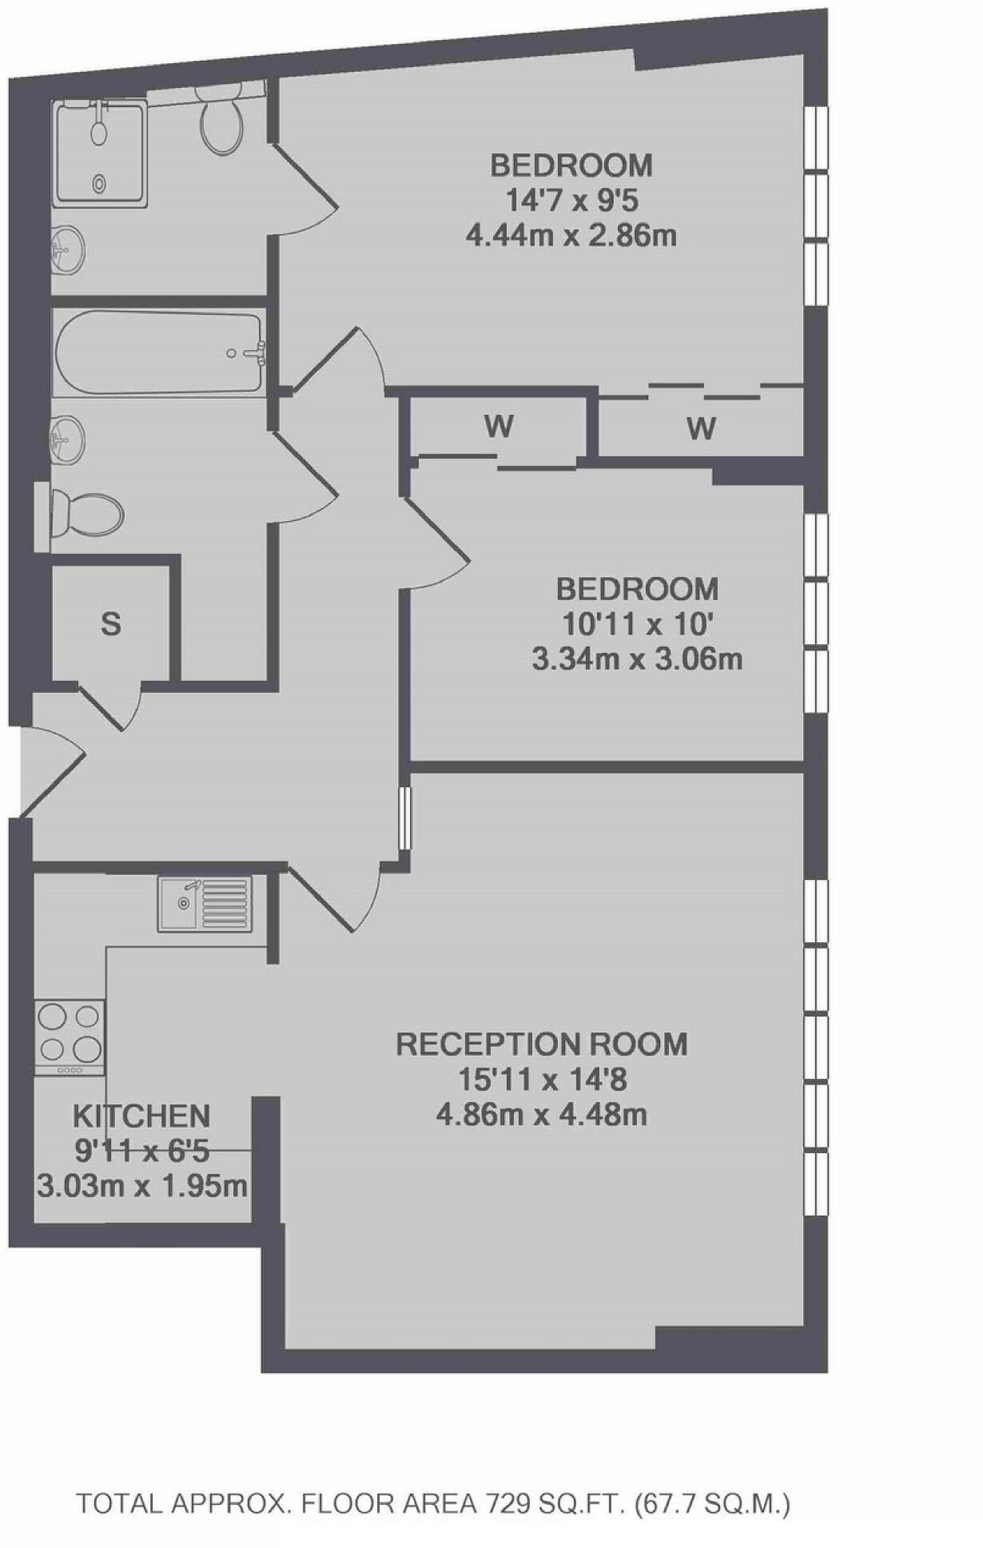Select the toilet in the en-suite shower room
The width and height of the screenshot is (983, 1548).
coord(221,124)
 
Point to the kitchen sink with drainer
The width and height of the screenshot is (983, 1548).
coord(205,903)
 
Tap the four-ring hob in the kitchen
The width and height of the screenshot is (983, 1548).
coord(70,1036)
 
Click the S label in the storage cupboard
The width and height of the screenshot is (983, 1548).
coord(111,623)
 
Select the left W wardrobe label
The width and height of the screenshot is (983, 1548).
coord(498,427)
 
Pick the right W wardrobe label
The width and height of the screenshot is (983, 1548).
coord(701,429)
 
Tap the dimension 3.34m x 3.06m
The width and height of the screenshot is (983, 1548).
coord(637,660)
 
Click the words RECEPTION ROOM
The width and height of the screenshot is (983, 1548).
coord(542,1045)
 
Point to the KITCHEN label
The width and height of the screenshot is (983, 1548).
coord(141,1116)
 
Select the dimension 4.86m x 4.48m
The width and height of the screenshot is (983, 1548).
coord(542,1114)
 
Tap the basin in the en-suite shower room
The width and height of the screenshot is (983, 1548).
coord(67,249)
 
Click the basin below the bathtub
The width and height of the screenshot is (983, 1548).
coord(67,437)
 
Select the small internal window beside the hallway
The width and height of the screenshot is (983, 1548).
coord(404,818)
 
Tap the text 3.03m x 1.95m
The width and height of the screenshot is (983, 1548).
coord(142,1186)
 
